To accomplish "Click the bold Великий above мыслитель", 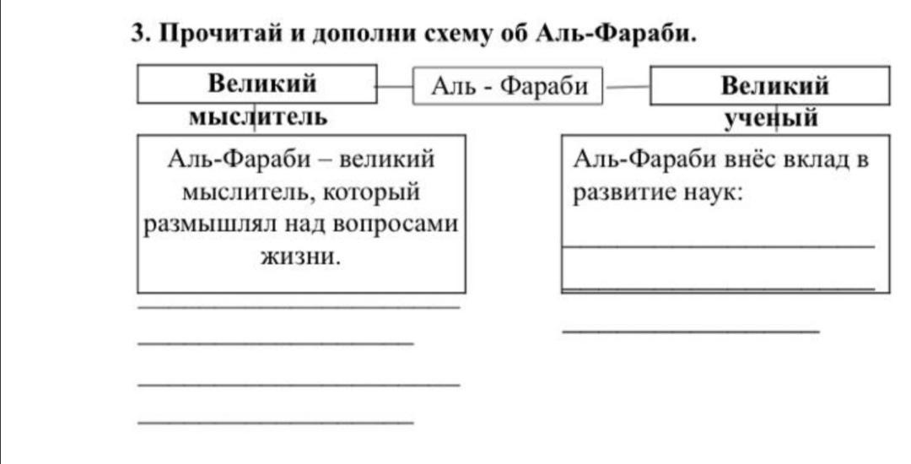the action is (x=262, y=83).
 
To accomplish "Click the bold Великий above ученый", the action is (x=774, y=86).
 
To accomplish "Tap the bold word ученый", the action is (x=771, y=119).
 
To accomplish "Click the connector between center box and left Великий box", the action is (x=395, y=87).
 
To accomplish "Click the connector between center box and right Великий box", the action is (x=626, y=88).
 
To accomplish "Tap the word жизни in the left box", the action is (x=300, y=256).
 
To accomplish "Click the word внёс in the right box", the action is (x=748, y=159).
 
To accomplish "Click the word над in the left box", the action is (x=305, y=224).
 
